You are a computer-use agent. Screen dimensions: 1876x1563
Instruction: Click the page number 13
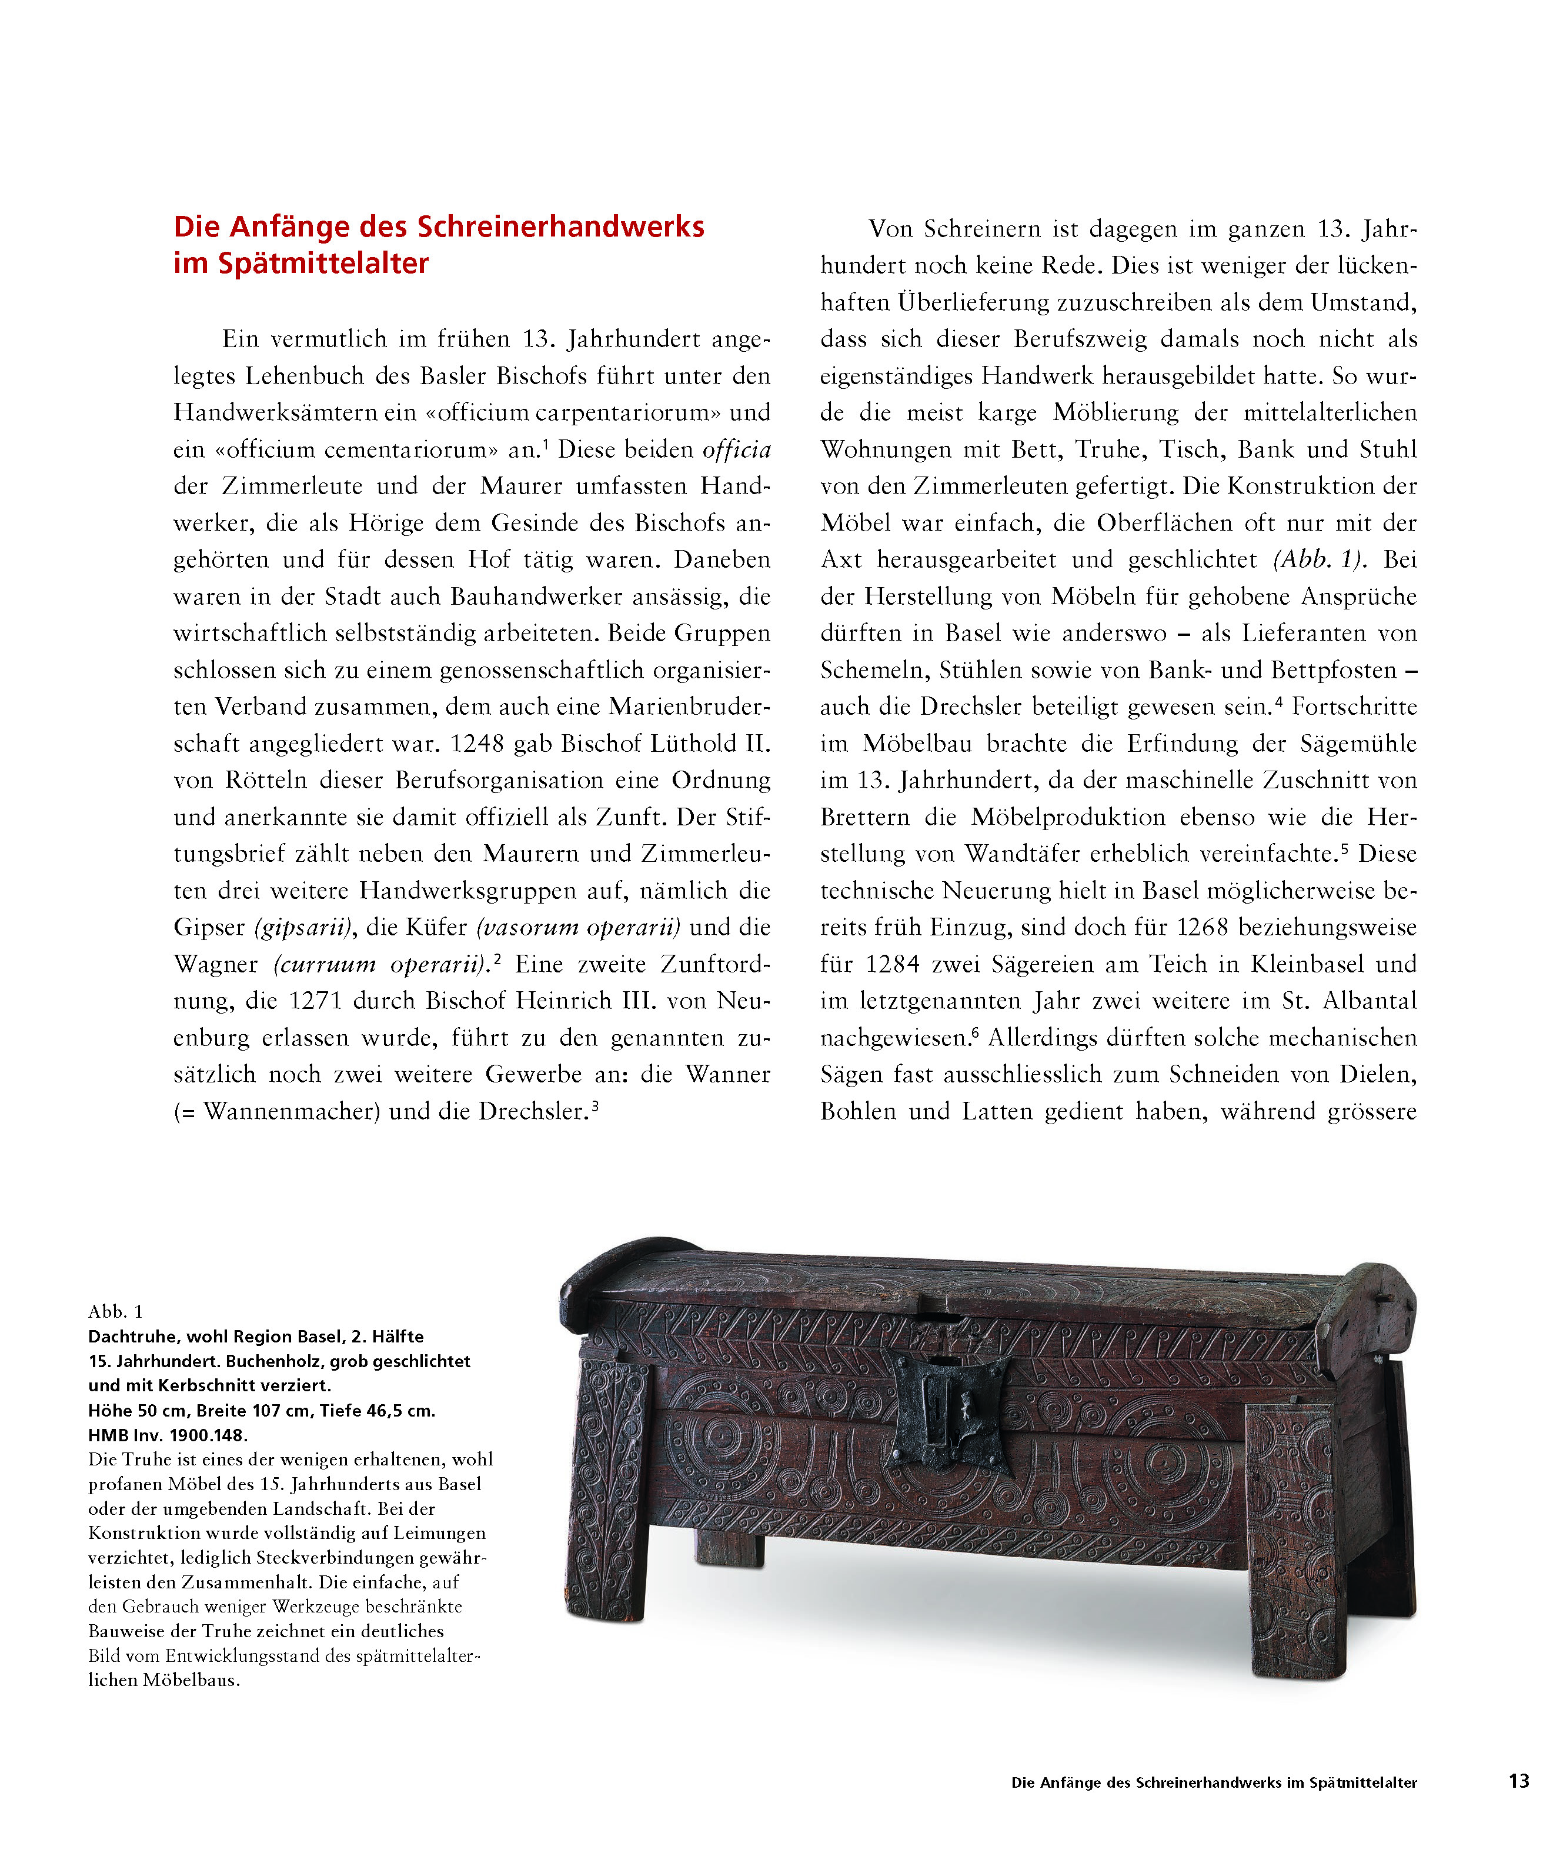(1518, 1781)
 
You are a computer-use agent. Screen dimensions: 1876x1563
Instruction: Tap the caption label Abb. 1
(115, 1311)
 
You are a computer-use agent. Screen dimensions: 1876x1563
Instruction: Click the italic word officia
(736, 449)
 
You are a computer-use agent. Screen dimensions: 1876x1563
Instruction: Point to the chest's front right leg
(1293, 1545)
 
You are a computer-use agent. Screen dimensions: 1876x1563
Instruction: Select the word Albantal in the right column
(1369, 1001)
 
